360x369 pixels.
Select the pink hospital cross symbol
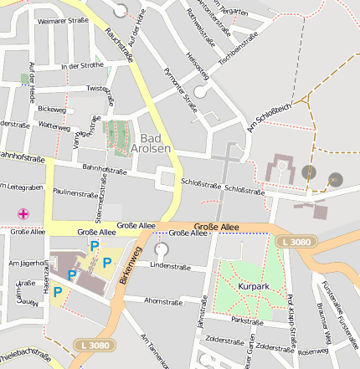point(23,213)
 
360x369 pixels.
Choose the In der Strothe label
point(83,64)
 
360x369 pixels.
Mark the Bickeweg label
point(51,109)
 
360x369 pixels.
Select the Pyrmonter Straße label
point(182,90)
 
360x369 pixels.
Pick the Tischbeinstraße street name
point(238,49)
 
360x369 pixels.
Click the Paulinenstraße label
point(75,192)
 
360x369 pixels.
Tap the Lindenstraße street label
point(171,265)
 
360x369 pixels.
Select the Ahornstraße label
point(163,300)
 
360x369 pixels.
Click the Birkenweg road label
point(128,266)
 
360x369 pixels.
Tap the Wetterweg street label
point(54,126)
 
